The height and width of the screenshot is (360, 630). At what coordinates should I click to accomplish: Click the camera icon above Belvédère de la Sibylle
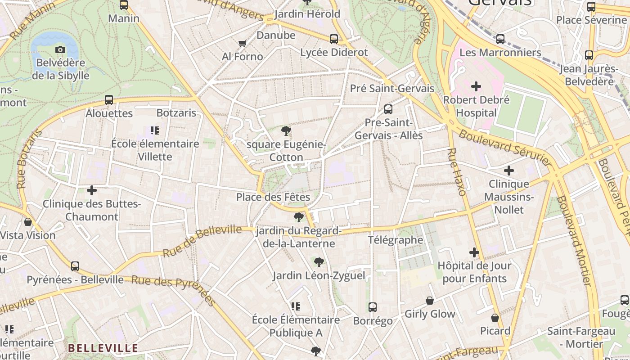tap(60, 49)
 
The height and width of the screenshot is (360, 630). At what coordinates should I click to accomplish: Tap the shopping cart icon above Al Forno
tap(242, 43)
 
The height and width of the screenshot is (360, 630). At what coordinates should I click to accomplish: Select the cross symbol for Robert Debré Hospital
tap(476, 86)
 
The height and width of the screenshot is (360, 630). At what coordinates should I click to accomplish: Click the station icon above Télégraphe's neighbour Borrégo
tap(373, 307)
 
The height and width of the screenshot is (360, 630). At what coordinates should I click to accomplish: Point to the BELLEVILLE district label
tap(103, 348)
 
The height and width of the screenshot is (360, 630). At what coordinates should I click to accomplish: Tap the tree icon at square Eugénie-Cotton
tap(286, 131)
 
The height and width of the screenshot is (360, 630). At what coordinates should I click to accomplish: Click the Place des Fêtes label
tap(273, 197)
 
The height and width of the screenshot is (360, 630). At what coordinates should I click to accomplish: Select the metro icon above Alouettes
tap(109, 100)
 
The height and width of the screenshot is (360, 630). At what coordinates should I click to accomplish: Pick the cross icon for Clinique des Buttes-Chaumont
tap(92, 190)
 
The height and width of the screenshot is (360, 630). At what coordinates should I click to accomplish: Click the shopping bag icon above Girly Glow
tap(430, 301)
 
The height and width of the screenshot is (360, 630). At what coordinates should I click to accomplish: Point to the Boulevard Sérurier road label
tap(504, 147)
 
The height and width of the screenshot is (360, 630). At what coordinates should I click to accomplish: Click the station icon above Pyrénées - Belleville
tap(75, 266)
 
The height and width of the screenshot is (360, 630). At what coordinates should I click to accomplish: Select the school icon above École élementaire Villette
tap(155, 130)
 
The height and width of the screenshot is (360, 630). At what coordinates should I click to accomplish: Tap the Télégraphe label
tap(396, 240)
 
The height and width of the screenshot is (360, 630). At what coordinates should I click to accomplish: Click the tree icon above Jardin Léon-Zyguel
tap(319, 262)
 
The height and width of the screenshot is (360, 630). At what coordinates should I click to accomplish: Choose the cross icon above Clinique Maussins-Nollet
tap(509, 171)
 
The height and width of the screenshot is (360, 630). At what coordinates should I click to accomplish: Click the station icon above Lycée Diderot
tap(334, 39)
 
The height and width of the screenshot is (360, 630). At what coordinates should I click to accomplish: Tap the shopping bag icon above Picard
tap(495, 318)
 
